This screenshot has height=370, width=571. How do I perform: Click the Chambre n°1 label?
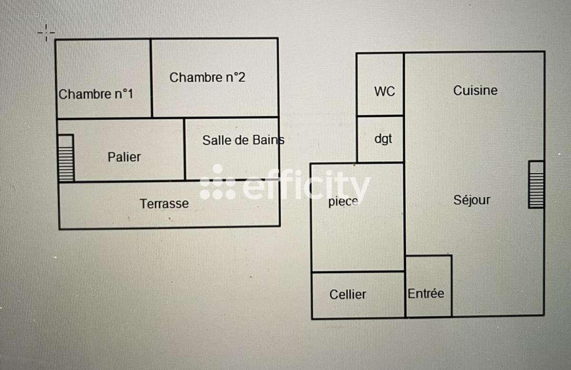pos(96,94)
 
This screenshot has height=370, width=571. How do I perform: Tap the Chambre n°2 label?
pos(207,77)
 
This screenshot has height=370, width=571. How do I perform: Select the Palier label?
pos(124,157)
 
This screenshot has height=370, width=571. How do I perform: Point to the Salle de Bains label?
pos(243,140)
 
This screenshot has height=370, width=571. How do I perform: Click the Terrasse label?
pos(164,204)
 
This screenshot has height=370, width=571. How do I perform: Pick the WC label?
pos(384,91)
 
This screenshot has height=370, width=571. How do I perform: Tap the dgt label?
pos(383,139)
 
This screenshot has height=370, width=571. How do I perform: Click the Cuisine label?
pos(475,90)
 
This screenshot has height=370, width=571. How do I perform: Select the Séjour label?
pos(472,200)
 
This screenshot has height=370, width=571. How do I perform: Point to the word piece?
pos(343,201)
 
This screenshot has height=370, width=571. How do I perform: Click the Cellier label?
pos(348,294)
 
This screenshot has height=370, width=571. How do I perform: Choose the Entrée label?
pos(426,294)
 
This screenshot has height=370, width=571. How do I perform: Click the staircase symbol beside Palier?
pos(66,158)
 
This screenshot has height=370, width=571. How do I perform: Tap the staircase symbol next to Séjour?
pos(536,184)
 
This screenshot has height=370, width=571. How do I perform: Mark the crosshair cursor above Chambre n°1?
pos(46,32)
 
